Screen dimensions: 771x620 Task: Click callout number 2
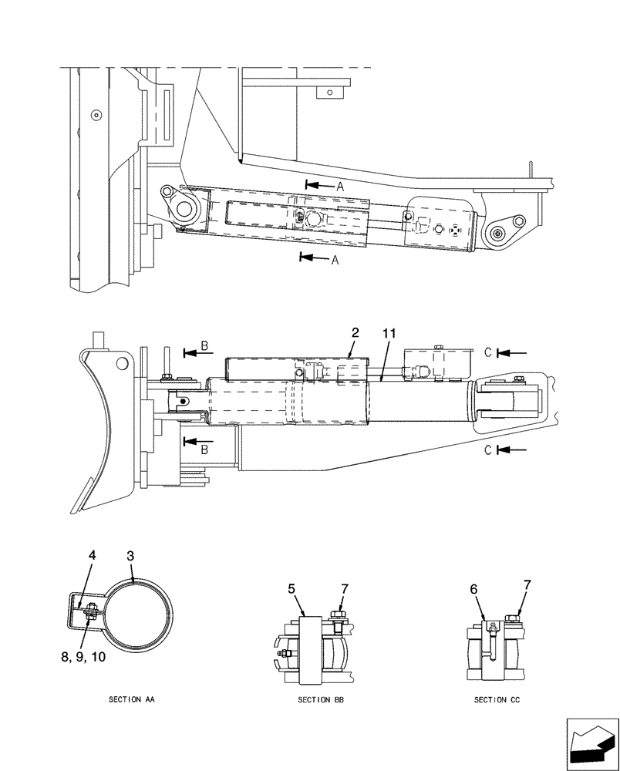coord(355,333)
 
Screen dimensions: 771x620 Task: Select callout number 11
coord(389,333)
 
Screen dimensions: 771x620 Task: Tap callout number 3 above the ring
coord(130,555)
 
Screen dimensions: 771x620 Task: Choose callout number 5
coord(291,589)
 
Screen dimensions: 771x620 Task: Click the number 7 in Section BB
coord(345,589)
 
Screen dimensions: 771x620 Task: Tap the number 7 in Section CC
coord(527,585)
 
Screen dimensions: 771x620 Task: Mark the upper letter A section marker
coord(339,186)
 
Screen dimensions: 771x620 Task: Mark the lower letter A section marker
coord(335,261)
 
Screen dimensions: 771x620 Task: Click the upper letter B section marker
coord(204,348)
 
